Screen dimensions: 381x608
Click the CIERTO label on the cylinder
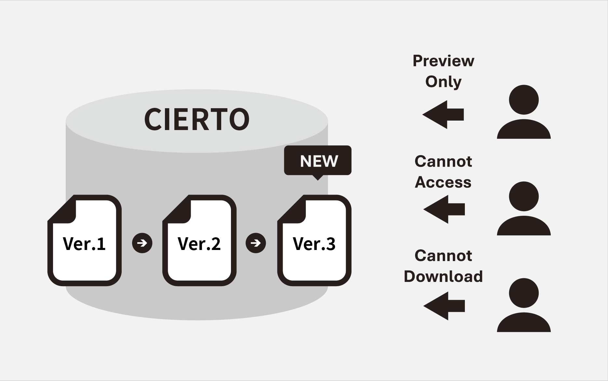[x=197, y=119]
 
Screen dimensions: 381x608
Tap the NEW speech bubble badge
[x=318, y=161]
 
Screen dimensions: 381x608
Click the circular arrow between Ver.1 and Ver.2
[x=142, y=243]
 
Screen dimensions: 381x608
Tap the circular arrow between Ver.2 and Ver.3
[x=256, y=243]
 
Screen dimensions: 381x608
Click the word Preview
[x=443, y=61]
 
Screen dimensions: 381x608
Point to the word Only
[x=443, y=81]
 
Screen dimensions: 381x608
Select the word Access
[x=443, y=182]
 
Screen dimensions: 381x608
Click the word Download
[x=443, y=276]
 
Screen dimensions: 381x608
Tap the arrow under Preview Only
[x=443, y=114]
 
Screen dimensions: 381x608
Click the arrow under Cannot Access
[x=444, y=209]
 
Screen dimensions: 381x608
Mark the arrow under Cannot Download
[x=444, y=306]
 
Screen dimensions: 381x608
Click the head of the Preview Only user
[x=524, y=100]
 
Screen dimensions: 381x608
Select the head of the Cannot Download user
[x=524, y=293]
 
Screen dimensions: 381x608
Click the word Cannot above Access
[x=443, y=161]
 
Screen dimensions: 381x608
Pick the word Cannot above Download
[x=443, y=256]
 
